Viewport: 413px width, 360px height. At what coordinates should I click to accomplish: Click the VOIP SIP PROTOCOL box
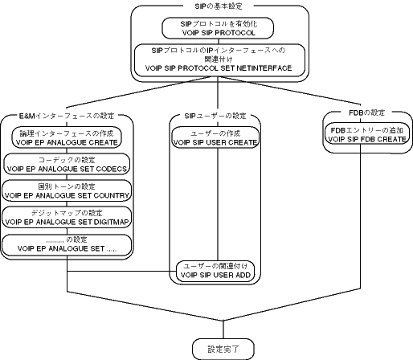click(218, 28)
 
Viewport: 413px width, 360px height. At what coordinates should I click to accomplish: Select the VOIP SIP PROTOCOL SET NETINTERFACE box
click(219, 60)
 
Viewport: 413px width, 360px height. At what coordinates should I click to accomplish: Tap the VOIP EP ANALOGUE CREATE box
click(67, 137)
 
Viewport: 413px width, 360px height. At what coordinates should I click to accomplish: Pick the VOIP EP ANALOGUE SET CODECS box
click(67, 164)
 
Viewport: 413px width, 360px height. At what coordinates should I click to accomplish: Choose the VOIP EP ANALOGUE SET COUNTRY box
click(67, 190)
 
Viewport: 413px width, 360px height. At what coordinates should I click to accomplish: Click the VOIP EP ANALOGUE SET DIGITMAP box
click(67, 217)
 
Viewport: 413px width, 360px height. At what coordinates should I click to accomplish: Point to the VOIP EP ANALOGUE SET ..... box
click(67, 245)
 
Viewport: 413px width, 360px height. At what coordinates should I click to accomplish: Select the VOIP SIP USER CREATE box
click(215, 137)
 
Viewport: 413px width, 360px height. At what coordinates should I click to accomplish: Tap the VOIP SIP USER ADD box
click(215, 271)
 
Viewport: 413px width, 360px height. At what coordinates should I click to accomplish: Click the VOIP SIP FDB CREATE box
click(367, 133)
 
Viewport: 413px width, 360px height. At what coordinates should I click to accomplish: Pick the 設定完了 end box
click(223, 349)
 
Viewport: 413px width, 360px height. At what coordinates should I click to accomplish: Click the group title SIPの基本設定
click(219, 6)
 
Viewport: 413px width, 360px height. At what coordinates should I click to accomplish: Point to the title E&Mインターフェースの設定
click(67, 116)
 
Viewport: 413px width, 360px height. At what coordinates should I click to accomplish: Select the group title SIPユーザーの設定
click(215, 116)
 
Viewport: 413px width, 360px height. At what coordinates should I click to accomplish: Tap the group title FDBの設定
click(367, 112)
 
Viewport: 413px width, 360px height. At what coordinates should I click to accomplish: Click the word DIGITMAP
click(112, 222)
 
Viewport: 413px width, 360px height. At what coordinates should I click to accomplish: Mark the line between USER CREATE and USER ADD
click(218, 204)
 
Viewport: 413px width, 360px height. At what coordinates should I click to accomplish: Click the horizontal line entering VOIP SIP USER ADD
click(121, 271)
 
